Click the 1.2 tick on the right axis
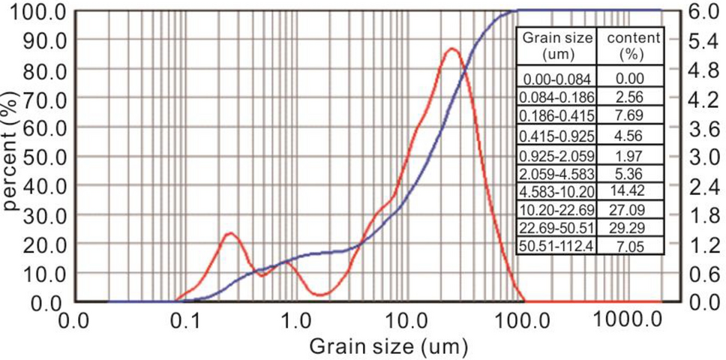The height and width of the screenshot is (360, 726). tap(703, 244)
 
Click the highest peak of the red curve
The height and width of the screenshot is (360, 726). tap(451, 49)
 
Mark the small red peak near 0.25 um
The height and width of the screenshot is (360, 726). tap(229, 233)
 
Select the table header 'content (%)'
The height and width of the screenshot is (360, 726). tap(632, 46)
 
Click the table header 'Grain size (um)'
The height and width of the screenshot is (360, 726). tap(557, 46)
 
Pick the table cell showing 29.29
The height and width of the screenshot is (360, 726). tap(632, 226)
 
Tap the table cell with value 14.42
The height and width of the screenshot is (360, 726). tap(632, 190)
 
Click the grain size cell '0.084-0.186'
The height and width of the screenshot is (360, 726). tap(557, 97)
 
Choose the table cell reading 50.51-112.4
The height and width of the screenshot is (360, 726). tap(557, 245)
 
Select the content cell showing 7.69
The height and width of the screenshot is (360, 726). tap(632, 115)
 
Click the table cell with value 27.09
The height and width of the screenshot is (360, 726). tap(632, 208)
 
